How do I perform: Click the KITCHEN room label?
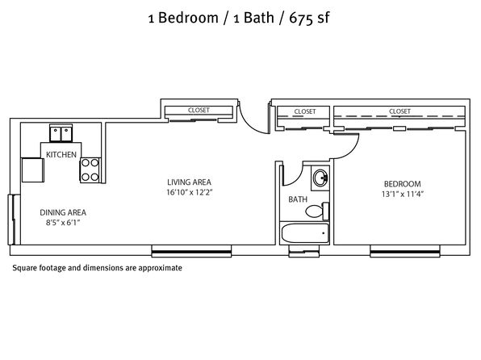coord(61,154)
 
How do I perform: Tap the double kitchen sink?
coord(61,133)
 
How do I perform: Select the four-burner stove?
coord(90,170)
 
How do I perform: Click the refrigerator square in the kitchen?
coord(33,170)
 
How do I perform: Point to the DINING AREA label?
coord(63,212)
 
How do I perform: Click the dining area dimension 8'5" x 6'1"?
coord(63,223)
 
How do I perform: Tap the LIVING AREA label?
coord(189,182)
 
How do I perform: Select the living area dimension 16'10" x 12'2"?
coord(190,192)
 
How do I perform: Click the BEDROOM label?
coord(403,184)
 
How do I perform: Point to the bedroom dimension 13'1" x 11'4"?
coord(403,194)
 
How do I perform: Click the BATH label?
coord(298,199)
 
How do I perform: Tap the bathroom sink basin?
coord(320,178)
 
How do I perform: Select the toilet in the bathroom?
coord(317,211)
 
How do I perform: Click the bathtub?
coord(305,233)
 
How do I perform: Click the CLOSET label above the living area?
coord(199,110)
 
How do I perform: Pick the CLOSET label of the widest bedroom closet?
coord(399,111)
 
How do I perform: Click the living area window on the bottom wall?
coord(191,251)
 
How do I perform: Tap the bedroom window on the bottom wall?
coord(405,251)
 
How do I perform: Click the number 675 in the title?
coord(301,18)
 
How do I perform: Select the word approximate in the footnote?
coord(160,268)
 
